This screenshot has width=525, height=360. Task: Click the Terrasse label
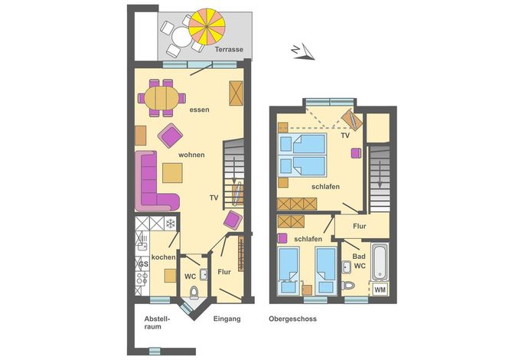point(229,49)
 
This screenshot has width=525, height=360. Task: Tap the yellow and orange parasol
point(207,27)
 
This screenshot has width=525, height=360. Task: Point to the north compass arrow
point(303,53)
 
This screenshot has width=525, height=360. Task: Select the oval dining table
point(161,98)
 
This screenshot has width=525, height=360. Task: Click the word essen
point(199,110)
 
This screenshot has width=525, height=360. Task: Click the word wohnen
point(191,155)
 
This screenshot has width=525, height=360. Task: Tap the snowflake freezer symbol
point(171,223)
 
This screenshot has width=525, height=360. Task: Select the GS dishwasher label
point(143,264)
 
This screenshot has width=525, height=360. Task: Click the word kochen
point(164,257)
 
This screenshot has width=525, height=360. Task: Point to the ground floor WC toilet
point(194,293)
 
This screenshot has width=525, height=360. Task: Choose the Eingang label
point(227,319)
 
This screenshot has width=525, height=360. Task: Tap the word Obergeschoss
point(292,319)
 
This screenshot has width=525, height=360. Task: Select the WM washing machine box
point(380,290)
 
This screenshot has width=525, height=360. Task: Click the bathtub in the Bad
point(380,262)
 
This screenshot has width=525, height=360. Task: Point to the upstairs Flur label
point(359,226)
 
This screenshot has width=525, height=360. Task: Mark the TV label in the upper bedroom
point(345,136)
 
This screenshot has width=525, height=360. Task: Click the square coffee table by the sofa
point(172,173)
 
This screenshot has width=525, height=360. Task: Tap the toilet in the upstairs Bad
point(348,285)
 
